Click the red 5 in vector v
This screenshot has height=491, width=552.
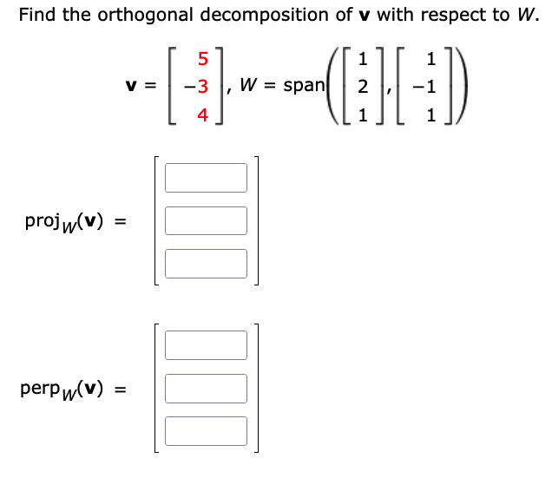tap(203, 59)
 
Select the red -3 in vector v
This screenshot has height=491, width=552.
tap(200, 86)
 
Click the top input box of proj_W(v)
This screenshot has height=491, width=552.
tap(206, 178)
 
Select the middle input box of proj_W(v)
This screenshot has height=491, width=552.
tap(206, 220)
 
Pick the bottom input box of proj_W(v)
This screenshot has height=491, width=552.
tap(206, 263)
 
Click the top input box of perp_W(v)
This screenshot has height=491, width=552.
tap(206, 345)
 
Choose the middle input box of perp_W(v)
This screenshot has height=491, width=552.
tap(206, 388)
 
